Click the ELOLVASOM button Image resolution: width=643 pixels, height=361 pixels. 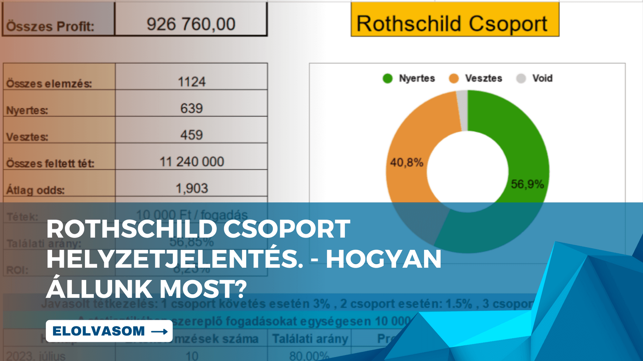coord(109,331)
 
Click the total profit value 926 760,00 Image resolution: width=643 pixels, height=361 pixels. coord(191,24)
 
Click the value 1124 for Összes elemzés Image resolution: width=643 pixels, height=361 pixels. coord(192,82)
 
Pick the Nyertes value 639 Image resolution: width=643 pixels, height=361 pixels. coord(192,108)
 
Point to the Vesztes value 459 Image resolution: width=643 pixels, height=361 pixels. coord(192,135)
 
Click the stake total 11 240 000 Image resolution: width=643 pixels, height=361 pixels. coord(192,162)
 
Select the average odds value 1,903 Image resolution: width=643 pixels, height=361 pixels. coord(192,188)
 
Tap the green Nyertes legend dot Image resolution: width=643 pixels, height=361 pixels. coord(387,79)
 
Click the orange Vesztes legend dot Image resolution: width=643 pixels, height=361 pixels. coord(454,79)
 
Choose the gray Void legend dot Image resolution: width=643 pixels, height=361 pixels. coord(521,79)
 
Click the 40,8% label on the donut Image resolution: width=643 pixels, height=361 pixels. coord(406,162)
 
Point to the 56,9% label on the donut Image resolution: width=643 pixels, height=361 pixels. coord(527,184)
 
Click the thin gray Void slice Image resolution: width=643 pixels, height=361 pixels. coord(463,110)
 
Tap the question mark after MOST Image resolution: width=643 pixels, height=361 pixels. coord(241,289)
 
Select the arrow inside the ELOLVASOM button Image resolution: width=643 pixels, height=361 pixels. coord(160,332)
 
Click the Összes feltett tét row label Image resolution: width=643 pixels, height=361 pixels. coord(50,163)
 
